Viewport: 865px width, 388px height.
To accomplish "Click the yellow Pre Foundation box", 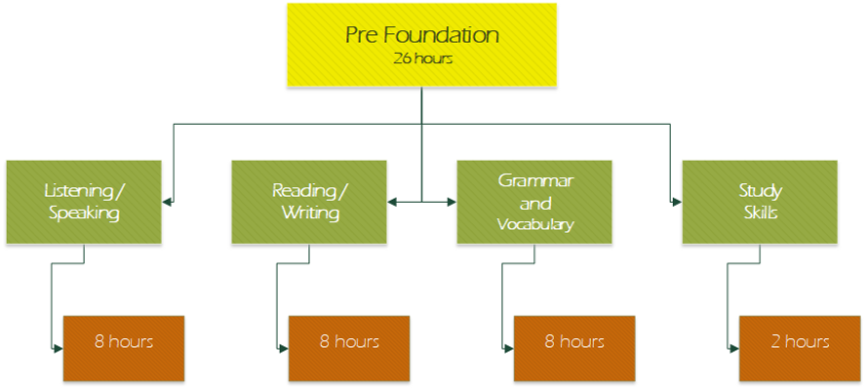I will coord(421,44).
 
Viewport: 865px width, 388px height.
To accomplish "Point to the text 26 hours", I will coord(422,58).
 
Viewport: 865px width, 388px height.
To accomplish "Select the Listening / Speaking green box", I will coord(83,202).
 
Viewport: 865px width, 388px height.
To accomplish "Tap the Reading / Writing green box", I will coord(308,202).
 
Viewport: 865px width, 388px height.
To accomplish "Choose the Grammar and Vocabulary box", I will coord(534,202).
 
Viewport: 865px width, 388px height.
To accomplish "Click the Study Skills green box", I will coord(759,202).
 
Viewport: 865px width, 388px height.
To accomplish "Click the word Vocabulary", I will coord(535,224).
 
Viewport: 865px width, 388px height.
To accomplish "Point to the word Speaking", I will coord(84,213).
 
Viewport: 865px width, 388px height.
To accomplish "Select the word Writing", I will coord(310,213).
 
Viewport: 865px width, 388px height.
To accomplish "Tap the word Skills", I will coord(760,213).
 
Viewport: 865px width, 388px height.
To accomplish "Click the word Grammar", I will coord(535,181).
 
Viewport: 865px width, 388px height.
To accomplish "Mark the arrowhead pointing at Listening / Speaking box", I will coord(167,202).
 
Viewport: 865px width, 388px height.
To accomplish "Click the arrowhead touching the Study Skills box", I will coord(677,202).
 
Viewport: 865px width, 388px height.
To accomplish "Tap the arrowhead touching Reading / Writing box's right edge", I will coord(392,202).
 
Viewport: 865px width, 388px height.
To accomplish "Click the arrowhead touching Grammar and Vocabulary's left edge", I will coord(452,202).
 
